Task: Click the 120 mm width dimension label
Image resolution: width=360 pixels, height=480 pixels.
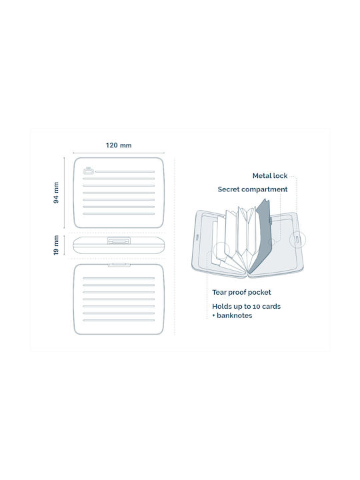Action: [x=119, y=145]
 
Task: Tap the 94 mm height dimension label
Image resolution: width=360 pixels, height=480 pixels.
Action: [x=56, y=193]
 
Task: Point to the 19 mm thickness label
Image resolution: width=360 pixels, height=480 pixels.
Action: [x=56, y=245]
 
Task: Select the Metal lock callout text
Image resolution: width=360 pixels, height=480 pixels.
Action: [x=270, y=176]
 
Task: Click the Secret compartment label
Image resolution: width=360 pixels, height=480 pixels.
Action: [x=253, y=189]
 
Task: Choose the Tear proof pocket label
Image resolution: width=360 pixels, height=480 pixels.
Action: [x=241, y=293]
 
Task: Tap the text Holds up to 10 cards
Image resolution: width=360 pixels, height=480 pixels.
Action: [x=247, y=306]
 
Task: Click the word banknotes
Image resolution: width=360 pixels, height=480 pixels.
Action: [x=234, y=315]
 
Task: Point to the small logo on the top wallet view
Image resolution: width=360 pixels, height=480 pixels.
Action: [x=89, y=171]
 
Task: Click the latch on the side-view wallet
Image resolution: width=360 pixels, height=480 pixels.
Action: [x=119, y=241]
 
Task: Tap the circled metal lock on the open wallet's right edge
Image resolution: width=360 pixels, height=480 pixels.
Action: [x=297, y=239]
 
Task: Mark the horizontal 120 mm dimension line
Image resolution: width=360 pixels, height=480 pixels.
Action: [x=119, y=153]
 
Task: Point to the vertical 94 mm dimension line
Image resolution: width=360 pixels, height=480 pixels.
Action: [x=64, y=193]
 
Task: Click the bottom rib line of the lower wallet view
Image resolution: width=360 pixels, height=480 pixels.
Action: [x=119, y=321]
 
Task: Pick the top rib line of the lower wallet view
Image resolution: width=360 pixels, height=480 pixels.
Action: [x=119, y=278]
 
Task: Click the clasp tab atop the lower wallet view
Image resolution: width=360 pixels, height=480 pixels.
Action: [x=119, y=265]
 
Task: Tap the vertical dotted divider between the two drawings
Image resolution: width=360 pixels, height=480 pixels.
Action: [x=175, y=247]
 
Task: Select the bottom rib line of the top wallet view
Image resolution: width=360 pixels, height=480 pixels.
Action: [x=119, y=214]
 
